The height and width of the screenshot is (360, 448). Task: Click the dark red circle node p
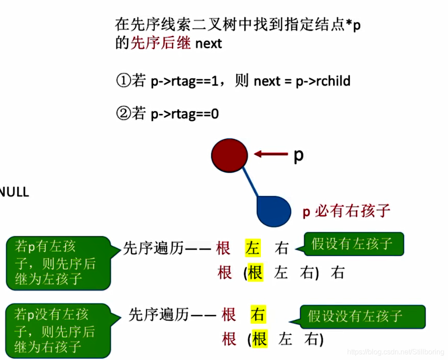[x=229, y=155]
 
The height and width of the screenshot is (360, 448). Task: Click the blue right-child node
[x=273, y=211]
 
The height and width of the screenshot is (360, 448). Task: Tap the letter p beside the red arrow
[x=298, y=155]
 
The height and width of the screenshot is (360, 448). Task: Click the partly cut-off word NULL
[x=14, y=192]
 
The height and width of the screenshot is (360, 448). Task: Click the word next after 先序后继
[x=209, y=44]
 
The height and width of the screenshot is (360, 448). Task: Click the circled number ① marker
[x=123, y=81]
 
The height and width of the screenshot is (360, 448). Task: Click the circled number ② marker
[x=123, y=114]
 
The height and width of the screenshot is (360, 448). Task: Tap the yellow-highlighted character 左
[x=253, y=248]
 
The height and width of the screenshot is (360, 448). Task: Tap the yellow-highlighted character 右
[x=258, y=315]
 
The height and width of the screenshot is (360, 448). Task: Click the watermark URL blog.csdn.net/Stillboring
[x=396, y=352]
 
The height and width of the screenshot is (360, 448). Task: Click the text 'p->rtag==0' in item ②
[x=184, y=114]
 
